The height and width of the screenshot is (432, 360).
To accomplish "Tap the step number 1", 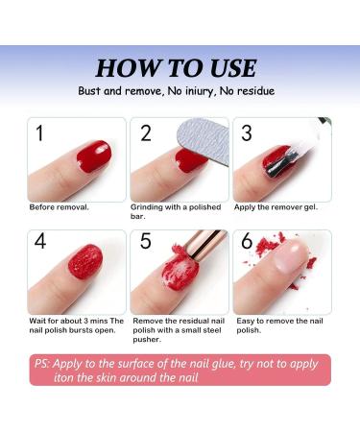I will pos(39,133).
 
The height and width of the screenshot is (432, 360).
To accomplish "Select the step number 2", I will pos(146,133).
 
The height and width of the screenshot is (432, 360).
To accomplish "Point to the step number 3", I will pos(247,133).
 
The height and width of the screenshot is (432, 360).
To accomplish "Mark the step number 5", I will pos(145,244).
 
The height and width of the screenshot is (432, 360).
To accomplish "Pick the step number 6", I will pos(248,244).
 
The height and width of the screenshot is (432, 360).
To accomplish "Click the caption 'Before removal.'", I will pos(59,206).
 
